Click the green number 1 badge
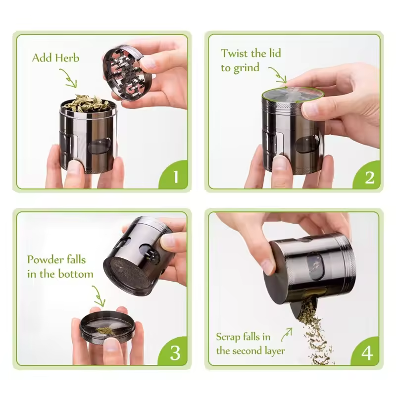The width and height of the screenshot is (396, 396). [175, 176]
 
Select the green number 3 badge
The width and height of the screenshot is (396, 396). [175, 352]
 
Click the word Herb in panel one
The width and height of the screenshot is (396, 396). [66, 58]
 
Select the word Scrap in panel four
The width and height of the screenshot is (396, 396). [228, 337]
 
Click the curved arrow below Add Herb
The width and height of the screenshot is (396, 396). [69, 78]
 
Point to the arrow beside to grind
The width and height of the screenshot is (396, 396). [280, 76]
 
